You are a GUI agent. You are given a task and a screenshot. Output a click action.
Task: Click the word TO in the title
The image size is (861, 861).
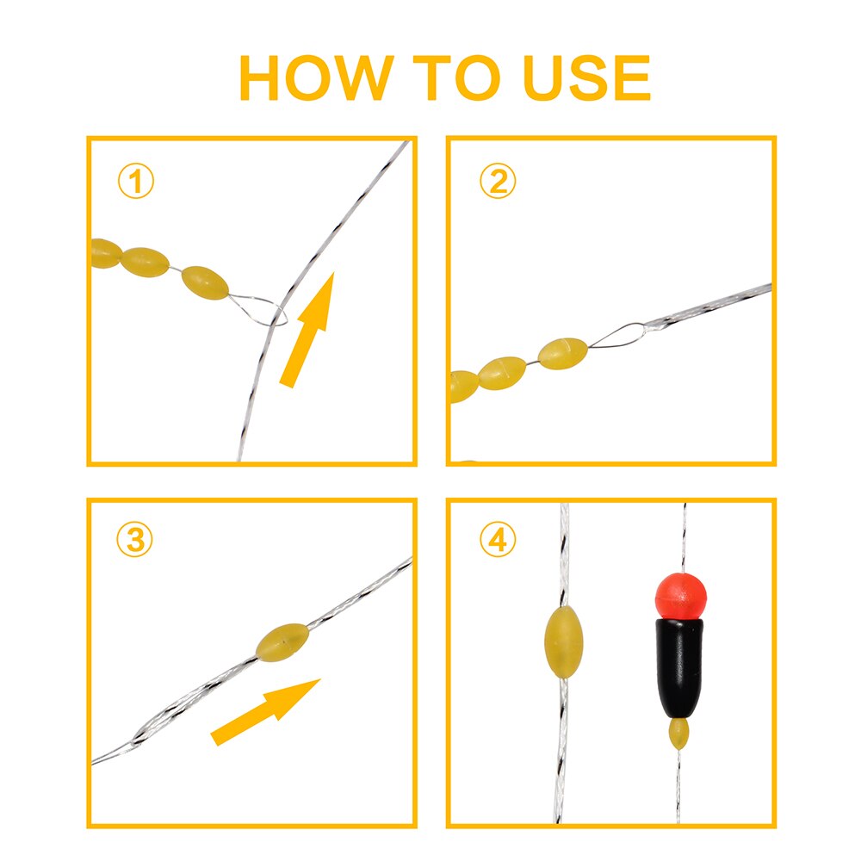[x=455, y=78]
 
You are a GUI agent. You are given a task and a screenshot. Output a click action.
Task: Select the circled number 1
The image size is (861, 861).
[x=135, y=183]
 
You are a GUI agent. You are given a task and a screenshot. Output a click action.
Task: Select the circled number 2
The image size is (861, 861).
[x=498, y=183]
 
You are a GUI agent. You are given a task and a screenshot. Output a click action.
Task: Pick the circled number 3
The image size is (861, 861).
[x=135, y=541]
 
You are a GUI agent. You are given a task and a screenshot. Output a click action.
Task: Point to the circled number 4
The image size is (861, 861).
[x=498, y=541]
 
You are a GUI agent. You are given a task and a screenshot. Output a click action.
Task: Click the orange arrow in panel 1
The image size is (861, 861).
[x=308, y=331]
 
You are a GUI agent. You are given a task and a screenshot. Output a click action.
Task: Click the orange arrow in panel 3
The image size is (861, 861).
[x=267, y=709]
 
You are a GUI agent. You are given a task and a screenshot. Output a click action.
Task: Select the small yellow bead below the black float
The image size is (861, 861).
[x=679, y=734]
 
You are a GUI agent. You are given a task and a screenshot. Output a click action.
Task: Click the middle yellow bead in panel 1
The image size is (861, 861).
[x=142, y=262]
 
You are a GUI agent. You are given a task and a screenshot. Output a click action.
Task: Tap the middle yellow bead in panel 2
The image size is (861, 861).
[x=502, y=372]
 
